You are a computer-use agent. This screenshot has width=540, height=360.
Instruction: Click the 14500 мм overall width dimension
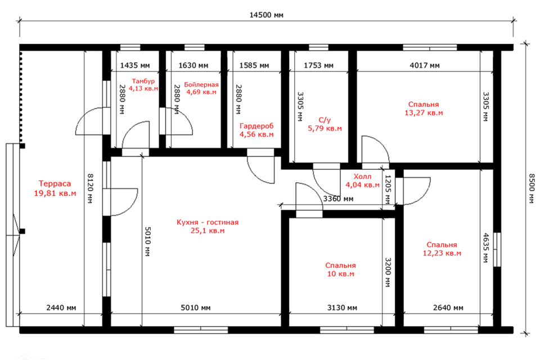(266, 15)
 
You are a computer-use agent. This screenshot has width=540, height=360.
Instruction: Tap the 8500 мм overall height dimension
(532, 188)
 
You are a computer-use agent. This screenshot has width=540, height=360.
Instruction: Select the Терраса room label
(55, 183)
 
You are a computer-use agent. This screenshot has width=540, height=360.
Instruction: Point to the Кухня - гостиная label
(208, 222)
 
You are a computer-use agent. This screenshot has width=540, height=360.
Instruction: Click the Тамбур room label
(143, 82)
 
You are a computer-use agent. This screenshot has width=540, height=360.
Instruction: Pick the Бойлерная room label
(201, 85)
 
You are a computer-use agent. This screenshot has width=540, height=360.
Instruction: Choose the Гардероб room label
(256, 126)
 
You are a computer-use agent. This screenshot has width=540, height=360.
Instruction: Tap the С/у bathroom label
(325, 120)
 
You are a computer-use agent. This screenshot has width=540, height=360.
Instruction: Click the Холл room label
(362, 177)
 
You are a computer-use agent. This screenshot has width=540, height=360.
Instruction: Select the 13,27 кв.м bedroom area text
(424, 113)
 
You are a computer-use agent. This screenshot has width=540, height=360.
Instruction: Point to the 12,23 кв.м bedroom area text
(442, 253)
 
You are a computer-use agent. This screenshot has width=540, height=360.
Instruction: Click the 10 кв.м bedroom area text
(340, 274)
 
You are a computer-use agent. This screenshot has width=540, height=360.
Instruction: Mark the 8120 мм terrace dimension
(90, 188)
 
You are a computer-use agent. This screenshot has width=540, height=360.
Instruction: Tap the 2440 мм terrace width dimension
(61, 308)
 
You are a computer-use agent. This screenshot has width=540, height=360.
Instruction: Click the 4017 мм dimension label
(424, 65)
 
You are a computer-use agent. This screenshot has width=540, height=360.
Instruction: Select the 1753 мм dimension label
(318, 65)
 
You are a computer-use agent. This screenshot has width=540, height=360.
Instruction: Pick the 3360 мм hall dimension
(338, 199)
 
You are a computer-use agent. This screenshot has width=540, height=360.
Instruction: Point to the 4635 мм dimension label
(485, 248)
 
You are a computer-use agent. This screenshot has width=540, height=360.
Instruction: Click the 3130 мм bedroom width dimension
(342, 308)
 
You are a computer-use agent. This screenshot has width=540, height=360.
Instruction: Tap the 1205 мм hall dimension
(388, 189)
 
